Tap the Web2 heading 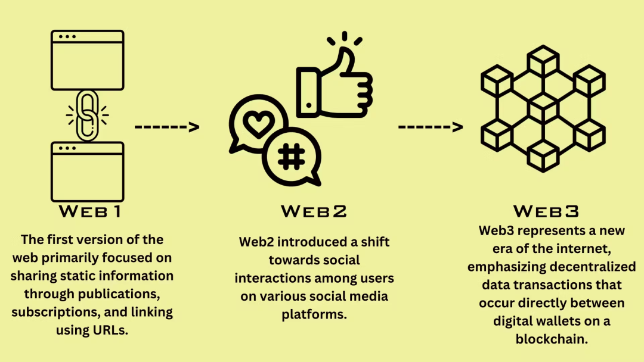[314, 211]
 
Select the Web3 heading [546, 211]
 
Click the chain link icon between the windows [87, 115]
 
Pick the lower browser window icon [88, 171]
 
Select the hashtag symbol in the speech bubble [291, 156]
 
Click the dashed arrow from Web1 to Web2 [166, 126]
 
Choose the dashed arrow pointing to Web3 [430, 126]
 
